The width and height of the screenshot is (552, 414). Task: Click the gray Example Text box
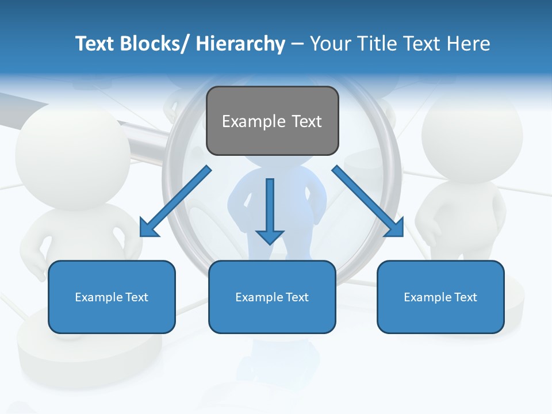click(272, 121)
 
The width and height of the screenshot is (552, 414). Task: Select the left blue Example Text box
click(112, 297)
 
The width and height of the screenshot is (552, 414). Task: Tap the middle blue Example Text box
click(272, 297)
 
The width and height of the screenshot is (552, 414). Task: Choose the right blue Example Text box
click(440, 297)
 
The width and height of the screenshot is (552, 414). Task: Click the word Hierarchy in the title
click(240, 44)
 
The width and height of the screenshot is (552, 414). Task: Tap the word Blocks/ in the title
click(156, 44)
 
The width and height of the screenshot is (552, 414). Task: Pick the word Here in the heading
click(468, 44)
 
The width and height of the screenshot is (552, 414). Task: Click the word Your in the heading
click(331, 44)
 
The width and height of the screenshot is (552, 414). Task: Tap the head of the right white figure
click(471, 138)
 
